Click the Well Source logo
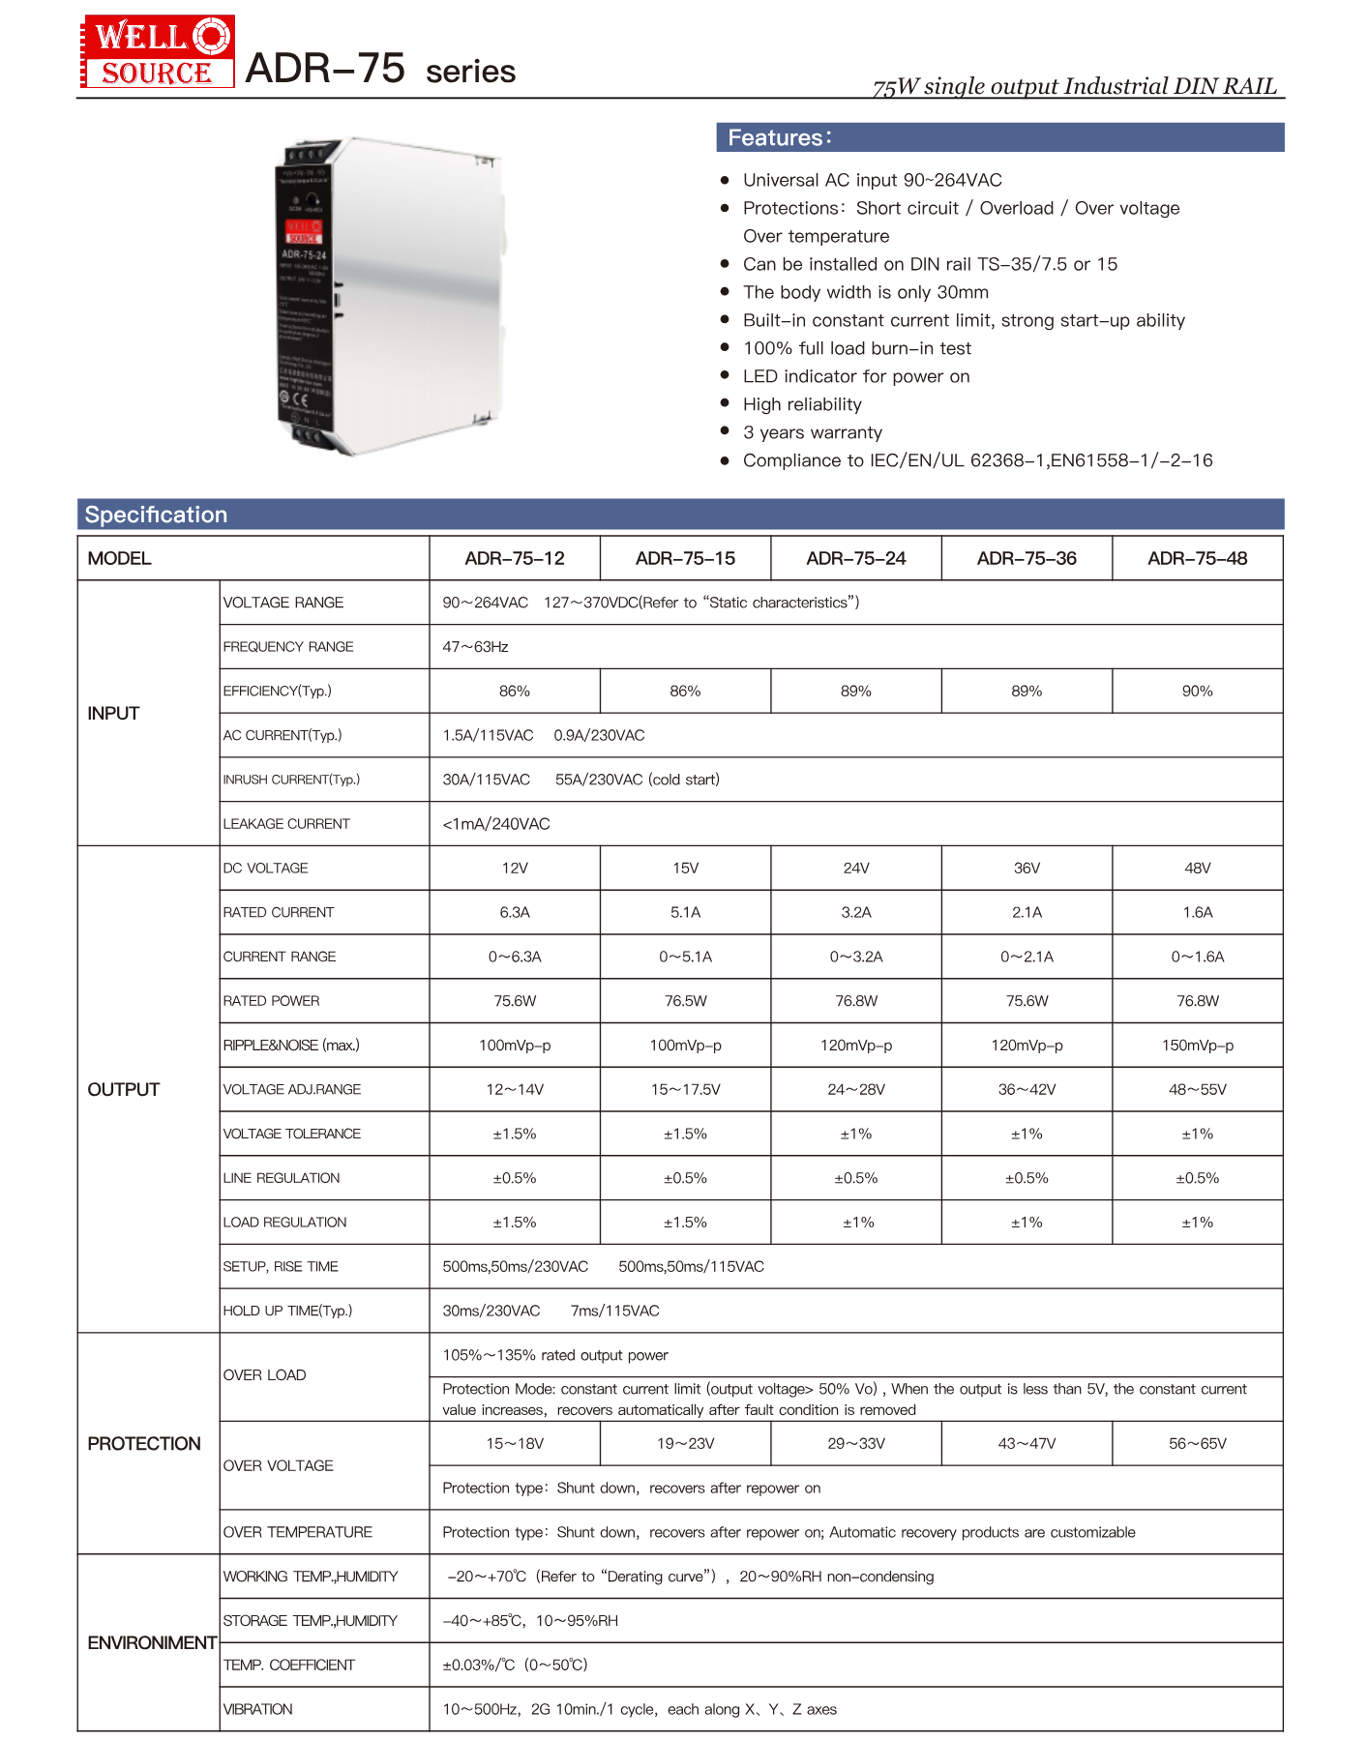(x=157, y=52)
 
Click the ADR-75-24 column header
(x=855, y=558)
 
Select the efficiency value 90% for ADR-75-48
(x=1197, y=691)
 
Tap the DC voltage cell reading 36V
(x=1027, y=868)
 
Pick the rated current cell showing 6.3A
(x=515, y=912)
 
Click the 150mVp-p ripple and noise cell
(x=1197, y=1045)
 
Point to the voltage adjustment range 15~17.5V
(x=685, y=1089)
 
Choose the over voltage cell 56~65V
(x=1197, y=1443)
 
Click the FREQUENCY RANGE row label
(x=288, y=646)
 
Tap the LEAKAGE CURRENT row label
(x=286, y=824)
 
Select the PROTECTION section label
(x=144, y=1443)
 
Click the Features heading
(x=779, y=137)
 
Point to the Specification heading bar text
(x=156, y=515)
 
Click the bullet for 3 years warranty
(x=725, y=431)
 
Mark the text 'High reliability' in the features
(x=802, y=404)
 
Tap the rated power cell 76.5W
(x=685, y=1000)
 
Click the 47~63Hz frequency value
(x=475, y=646)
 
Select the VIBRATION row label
(x=257, y=1709)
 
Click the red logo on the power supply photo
(x=303, y=232)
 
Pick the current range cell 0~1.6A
(x=1197, y=957)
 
